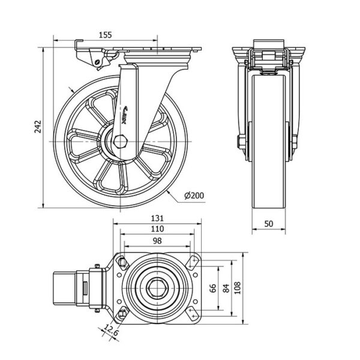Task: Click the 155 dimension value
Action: click(105, 35)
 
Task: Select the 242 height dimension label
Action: click(37, 127)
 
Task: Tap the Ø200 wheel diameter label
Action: click(194, 196)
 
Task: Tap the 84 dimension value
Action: click(225, 288)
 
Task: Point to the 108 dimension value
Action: click(238, 288)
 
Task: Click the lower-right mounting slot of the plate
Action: click(193, 312)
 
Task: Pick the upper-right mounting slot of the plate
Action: click(193, 263)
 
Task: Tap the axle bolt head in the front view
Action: click(241, 142)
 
